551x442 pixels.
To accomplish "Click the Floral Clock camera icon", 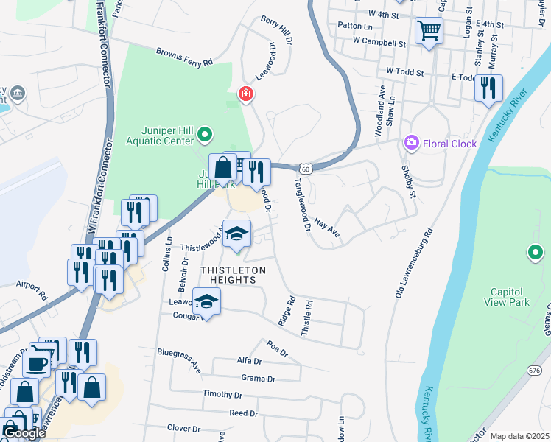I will (x=412, y=143).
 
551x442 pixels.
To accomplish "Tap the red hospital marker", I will (x=245, y=94).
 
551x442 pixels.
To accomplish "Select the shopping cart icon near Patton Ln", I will (x=429, y=31).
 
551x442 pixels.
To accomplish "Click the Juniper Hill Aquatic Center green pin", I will (x=206, y=134).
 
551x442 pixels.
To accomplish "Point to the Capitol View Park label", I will (x=507, y=295).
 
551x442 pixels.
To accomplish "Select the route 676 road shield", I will (x=535, y=370).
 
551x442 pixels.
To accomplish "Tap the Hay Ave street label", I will (x=327, y=226).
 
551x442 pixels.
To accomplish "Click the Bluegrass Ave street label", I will (x=179, y=358).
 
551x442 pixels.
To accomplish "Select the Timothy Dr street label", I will (x=222, y=395).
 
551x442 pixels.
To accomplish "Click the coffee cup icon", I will (x=36, y=363).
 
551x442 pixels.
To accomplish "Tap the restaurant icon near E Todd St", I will (x=488, y=88).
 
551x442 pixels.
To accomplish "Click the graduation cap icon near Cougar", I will (x=206, y=301).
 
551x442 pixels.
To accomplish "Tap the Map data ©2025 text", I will (x=519, y=436).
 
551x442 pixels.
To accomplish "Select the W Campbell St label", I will (x=379, y=42).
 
